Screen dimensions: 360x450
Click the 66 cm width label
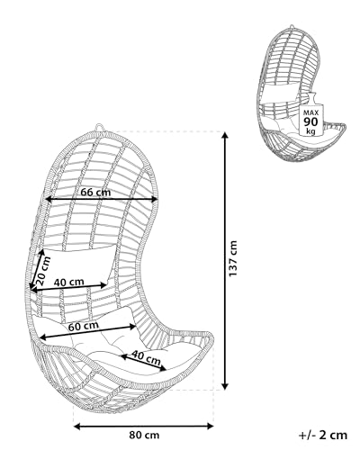(x=95, y=192)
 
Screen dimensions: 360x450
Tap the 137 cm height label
(x=233, y=258)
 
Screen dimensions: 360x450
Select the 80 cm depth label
(x=144, y=435)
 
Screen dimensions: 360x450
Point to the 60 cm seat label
(x=84, y=326)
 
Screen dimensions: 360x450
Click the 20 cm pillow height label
(x=43, y=271)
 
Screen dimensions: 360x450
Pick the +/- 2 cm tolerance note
(x=323, y=435)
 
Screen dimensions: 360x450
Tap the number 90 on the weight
(x=310, y=122)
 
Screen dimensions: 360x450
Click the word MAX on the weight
(x=310, y=113)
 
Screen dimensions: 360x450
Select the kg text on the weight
(x=310, y=130)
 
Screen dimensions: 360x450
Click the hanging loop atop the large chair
(x=99, y=127)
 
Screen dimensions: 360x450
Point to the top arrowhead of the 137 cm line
(x=225, y=135)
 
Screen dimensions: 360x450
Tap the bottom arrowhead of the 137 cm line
(x=225, y=386)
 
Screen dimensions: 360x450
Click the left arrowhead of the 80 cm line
(x=77, y=426)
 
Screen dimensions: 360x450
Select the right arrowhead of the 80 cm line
(x=210, y=426)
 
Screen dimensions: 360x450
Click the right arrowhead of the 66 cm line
(x=154, y=199)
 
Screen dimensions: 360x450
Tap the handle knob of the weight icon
(x=311, y=96)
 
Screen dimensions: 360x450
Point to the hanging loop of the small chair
(x=292, y=26)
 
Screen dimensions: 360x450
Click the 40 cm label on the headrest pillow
(x=69, y=282)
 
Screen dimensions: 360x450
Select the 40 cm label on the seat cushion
(x=146, y=357)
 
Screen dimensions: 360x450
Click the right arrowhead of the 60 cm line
(x=132, y=327)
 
